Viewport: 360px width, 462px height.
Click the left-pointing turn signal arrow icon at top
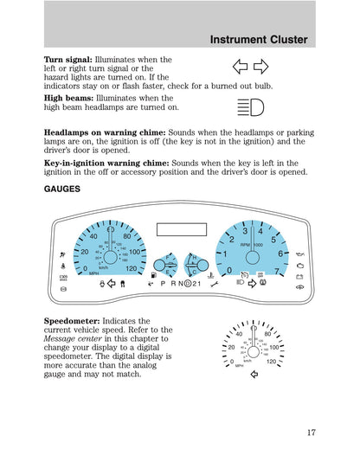[x=241, y=67]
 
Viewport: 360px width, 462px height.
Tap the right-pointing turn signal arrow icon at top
[x=260, y=67]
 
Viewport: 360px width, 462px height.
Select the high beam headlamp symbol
[x=251, y=107]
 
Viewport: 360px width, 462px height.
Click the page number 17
[x=310, y=435]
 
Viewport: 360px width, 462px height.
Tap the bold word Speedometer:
[x=74, y=320]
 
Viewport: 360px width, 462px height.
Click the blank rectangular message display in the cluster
[x=181, y=229]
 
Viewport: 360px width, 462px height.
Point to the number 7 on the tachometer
[x=277, y=271]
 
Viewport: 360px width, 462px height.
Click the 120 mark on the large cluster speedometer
[x=131, y=269]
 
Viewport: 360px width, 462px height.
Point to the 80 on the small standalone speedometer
[x=267, y=334]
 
